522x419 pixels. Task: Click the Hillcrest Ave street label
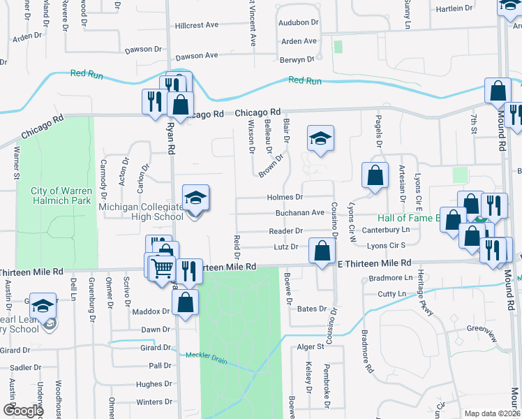(x=197, y=25)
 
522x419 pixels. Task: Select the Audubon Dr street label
(x=298, y=23)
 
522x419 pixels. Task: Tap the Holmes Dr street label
(x=284, y=198)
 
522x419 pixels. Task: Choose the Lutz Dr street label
(x=286, y=247)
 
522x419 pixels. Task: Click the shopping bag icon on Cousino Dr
(x=322, y=253)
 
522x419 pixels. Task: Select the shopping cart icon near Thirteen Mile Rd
(x=163, y=266)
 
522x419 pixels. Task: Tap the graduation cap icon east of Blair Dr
(x=320, y=139)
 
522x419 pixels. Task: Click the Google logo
(x=24, y=411)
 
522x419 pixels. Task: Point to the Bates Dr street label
(x=312, y=309)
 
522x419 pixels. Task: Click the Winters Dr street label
(x=154, y=402)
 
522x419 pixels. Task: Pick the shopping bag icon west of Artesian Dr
(x=375, y=176)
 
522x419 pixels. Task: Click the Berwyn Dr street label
(x=298, y=61)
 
